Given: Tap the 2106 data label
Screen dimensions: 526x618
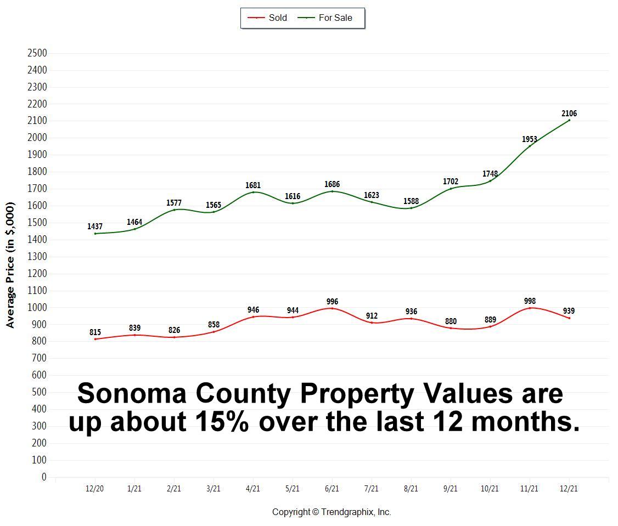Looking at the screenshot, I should click(569, 114).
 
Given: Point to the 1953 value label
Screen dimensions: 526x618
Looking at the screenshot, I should click(530, 139).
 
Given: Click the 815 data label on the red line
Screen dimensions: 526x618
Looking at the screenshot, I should click(95, 332).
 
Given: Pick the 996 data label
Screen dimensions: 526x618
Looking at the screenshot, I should click(332, 302).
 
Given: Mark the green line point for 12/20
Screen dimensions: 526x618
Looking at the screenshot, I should click(95, 234).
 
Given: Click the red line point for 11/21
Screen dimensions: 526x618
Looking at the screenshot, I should click(530, 308).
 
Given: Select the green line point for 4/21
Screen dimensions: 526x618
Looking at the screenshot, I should click(253, 192).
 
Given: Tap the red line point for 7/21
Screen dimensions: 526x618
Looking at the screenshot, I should click(372, 323).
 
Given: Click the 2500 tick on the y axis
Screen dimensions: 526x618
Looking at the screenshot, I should click(37, 53).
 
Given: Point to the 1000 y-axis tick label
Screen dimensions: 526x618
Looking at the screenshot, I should click(37, 308).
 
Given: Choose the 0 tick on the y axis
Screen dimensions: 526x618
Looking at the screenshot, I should click(44, 477).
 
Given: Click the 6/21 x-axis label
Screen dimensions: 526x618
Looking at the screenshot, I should click(332, 488).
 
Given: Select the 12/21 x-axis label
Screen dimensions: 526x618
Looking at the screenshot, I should click(569, 488).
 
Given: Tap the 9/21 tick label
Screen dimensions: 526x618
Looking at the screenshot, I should click(451, 488).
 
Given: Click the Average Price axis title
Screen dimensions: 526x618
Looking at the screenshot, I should click(10, 265).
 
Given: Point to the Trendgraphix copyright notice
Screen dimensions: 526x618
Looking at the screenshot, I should click(332, 512).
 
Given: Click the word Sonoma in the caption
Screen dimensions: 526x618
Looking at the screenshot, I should click(131, 394).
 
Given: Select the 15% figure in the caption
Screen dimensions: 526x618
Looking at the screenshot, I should click(221, 421).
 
